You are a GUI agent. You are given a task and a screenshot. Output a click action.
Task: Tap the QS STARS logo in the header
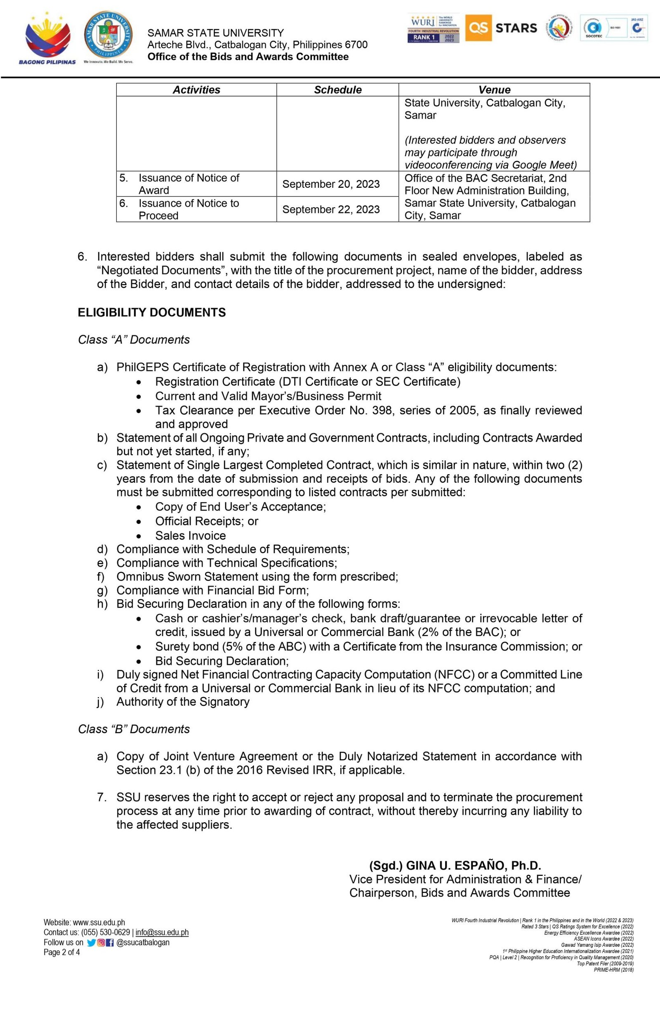point(501,28)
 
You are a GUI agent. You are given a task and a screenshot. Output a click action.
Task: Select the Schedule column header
point(338,90)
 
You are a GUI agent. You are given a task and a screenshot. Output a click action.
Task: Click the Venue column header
point(494,90)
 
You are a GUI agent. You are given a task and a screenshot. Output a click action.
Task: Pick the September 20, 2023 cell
point(331,184)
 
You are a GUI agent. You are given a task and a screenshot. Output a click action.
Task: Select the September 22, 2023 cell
point(331,209)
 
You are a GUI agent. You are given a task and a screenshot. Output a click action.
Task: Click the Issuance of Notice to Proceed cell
point(189,209)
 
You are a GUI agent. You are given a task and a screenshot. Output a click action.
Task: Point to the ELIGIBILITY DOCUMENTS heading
point(151,312)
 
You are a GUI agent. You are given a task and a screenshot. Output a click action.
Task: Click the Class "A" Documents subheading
point(134,340)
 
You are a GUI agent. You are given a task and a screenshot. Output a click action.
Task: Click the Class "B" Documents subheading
point(134,729)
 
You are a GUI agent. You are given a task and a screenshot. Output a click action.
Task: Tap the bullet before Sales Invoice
point(139,536)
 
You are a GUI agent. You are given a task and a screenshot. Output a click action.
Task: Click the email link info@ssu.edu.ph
point(162,932)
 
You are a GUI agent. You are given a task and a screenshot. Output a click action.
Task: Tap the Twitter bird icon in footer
point(91,943)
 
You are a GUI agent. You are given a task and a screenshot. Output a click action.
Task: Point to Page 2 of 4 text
point(61,952)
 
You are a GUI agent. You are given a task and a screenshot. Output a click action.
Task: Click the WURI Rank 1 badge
point(433,28)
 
